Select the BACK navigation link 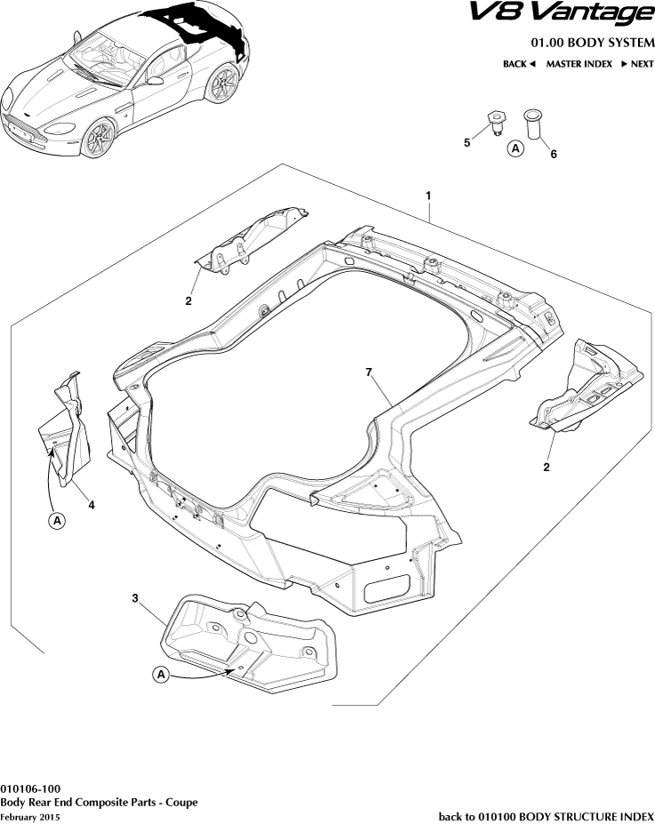(519, 64)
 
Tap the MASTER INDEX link (579, 64)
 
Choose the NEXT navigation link (636, 64)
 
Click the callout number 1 (428, 195)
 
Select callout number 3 (135, 599)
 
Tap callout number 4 (91, 504)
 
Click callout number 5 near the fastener (467, 142)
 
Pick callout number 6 (553, 154)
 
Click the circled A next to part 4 (55, 519)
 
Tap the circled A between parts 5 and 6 (515, 149)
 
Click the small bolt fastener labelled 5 (494, 121)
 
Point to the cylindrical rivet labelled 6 (532, 123)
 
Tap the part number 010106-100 (30, 788)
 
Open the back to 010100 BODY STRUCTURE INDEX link (547, 816)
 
